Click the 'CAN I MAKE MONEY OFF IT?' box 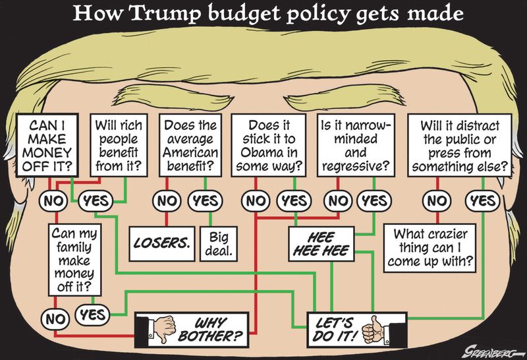(47, 145)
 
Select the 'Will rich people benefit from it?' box (119, 145)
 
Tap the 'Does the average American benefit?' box (190, 145)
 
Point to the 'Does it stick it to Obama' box (269, 145)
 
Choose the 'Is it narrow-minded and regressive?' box (356, 145)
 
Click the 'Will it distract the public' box (460, 145)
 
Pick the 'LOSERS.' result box (161, 243)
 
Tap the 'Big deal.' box (219, 243)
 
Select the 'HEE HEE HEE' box (321, 243)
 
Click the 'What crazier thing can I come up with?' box (430, 248)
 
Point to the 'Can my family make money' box (74, 260)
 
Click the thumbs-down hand (162, 328)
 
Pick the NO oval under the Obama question (256, 201)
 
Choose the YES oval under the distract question (483, 201)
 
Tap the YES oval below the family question (92, 315)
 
